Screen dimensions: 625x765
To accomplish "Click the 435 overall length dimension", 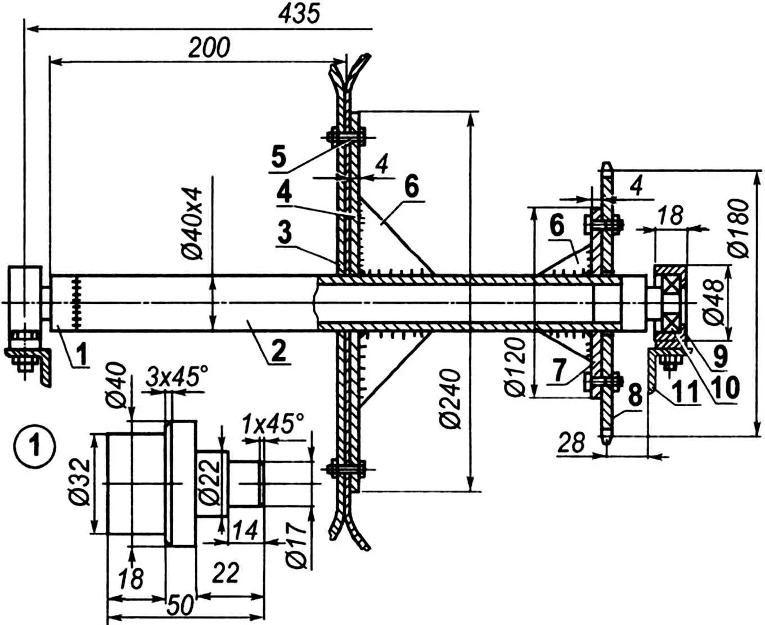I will click(299, 14).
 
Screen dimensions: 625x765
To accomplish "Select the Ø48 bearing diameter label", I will click(713, 302).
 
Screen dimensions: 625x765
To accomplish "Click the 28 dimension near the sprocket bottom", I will click(571, 443).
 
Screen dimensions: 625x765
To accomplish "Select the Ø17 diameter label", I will click(296, 543).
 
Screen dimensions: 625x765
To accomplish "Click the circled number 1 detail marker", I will click(36, 448).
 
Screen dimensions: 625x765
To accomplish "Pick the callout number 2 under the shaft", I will click(277, 350).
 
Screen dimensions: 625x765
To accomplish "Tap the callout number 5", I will click(279, 156).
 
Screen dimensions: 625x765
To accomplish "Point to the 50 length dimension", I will click(180, 606).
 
